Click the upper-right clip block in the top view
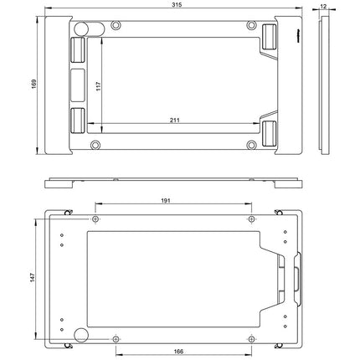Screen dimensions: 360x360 tap(270, 37)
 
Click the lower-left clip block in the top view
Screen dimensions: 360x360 tap(75, 121)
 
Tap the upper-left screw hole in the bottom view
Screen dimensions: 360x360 tap(95, 219)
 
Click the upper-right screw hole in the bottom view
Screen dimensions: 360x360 tap(253, 219)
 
